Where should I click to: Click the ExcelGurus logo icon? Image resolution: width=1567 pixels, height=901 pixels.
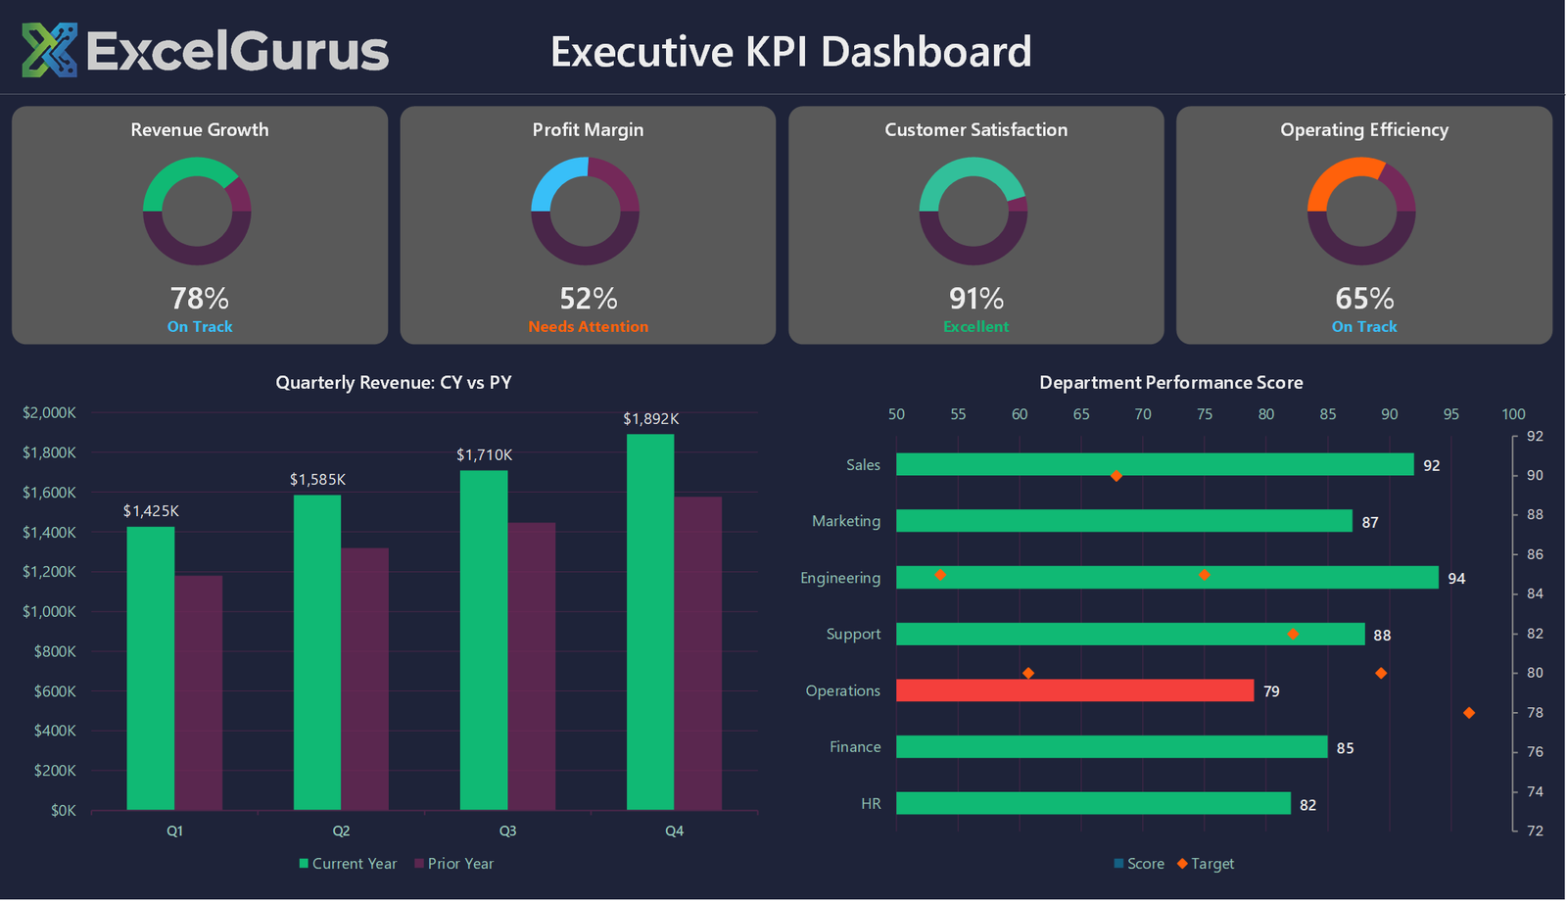[x=49, y=50]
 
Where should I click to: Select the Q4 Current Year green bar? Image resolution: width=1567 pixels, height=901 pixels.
[x=650, y=622]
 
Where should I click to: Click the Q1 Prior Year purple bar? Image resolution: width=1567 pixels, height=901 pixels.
[x=199, y=692]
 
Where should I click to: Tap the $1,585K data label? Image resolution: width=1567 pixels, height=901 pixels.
[x=317, y=479]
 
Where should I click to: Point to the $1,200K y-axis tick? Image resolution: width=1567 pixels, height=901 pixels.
[x=49, y=572]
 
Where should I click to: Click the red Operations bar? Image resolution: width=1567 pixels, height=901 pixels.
[x=1074, y=690]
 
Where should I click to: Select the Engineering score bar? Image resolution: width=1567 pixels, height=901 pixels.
[x=1166, y=578]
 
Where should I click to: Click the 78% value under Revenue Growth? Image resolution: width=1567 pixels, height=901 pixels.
[x=199, y=298]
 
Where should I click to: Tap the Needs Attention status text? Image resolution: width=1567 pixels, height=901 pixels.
[x=588, y=327]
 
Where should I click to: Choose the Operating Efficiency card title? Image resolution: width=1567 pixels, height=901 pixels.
[x=1363, y=130]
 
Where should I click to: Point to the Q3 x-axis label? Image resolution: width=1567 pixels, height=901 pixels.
[x=507, y=830]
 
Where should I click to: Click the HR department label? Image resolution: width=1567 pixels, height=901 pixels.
[x=871, y=804]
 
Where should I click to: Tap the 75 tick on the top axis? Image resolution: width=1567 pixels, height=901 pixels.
[x=1204, y=414]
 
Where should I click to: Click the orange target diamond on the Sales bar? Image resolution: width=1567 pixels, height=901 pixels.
[x=1116, y=476]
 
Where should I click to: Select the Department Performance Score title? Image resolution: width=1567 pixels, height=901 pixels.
[x=1170, y=383]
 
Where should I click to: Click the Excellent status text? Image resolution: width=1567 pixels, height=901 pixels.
[x=975, y=327]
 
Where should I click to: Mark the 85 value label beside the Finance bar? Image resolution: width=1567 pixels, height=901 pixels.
[x=1345, y=748]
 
